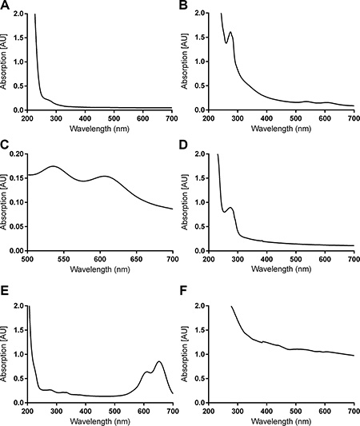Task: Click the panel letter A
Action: point(5,5)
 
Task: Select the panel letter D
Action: point(184,145)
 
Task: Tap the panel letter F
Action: point(183,291)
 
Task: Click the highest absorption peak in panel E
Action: point(159,361)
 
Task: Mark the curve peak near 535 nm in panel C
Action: point(53,166)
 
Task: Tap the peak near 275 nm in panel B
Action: point(230,32)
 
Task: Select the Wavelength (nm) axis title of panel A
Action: point(99,129)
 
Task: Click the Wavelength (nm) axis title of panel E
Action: point(100,421)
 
